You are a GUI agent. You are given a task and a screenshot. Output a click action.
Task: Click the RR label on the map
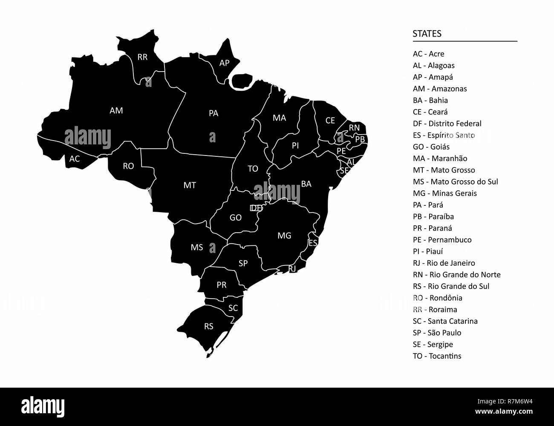pos(142,57)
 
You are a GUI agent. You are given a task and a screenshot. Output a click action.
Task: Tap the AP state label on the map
pos(224,63)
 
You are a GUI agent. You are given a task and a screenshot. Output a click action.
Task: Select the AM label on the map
pos(116,111)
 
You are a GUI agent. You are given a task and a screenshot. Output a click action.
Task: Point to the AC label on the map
pos(75,159)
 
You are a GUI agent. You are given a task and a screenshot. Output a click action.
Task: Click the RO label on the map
pos(128,166)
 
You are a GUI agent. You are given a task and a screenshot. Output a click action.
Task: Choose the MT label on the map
pos(190,185)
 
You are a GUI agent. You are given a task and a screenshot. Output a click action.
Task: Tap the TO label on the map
pos(253,169)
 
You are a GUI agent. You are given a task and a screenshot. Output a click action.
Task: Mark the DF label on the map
pos(256,208)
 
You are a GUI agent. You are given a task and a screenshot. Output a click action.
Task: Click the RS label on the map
pos(208,326)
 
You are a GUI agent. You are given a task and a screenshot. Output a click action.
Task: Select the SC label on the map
pos(233,308)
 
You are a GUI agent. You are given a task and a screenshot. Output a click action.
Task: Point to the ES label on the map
pos(313,243)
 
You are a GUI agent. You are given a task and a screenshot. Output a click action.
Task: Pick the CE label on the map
pos(330,121)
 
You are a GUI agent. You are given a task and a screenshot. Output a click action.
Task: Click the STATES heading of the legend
pos(427,34)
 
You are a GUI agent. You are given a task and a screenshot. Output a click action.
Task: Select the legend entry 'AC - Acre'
pos(428,54)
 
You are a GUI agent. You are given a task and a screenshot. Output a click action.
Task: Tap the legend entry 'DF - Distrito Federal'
pos(447,124)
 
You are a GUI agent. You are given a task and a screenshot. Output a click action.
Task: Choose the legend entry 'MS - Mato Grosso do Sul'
pos(455,181)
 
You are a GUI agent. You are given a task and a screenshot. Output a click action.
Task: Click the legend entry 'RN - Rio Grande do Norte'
pos(456,275)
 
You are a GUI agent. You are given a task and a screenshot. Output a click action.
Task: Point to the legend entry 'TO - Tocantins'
pos(437,356)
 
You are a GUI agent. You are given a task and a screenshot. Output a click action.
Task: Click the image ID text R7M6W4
pos(518,401)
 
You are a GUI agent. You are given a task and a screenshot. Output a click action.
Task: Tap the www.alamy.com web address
pos(504,412)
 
